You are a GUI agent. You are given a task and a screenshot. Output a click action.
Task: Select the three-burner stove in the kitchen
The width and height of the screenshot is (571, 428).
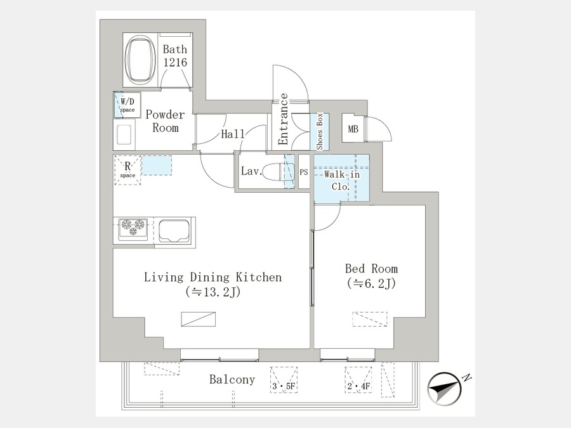pyautogui.click(x=133, y=229)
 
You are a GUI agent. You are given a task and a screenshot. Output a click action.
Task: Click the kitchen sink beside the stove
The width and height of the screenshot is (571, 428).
pyautogui.click(x=174, y=231)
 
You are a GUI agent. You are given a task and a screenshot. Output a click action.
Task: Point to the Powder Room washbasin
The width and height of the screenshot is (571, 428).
pyautogui.click(x=124, y=134)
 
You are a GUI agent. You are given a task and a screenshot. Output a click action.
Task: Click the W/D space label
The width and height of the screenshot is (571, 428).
pyautogui.click(x=128, y=105)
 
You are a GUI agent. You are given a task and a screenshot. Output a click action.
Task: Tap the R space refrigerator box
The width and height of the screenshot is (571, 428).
pyautogui.click(x=128, y=171)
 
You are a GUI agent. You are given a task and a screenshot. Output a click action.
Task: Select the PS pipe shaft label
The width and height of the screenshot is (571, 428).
pyautogui.click(x=304, y=172)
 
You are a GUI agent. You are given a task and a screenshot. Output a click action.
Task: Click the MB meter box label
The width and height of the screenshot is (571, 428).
pyautogui.click(x=353, y=129)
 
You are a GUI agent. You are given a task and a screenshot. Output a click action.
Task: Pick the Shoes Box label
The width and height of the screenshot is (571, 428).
pyautogui.click(x=320, y=131)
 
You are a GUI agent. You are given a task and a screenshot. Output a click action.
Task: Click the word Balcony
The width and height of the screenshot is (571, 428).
pyautogui.click(x=232, y=380)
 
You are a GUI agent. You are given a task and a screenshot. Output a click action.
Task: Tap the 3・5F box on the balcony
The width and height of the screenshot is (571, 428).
pyautogui.click(x=284, y=380)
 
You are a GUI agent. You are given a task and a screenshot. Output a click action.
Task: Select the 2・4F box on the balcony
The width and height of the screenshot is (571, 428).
pyautogui.click(x=358, y=380)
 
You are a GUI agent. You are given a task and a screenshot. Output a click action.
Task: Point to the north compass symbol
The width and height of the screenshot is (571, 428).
pyautogui.click(x=444, y=388)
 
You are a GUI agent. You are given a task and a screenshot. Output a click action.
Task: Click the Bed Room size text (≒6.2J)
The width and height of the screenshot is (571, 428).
pyautogui.click(x=371, y=283)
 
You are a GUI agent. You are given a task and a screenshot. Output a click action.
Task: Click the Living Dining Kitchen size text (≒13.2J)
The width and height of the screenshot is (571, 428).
pyautogui.click(x=213, y=292)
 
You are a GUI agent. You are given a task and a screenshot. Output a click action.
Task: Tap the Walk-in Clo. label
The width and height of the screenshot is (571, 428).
pyautogui.click(x=341, y=181)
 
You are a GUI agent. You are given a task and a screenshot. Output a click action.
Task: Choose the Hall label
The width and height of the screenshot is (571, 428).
pyautogui.click(x=233, y=134)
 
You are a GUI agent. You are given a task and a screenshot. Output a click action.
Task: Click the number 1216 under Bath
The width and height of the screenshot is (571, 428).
pyautogui.click(x=175, y=62)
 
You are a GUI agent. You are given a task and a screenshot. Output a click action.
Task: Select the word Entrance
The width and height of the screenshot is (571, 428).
pyautogui.click(x=284, y=119)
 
